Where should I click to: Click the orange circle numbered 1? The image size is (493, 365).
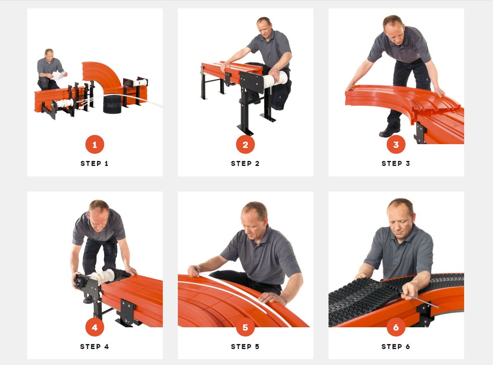(95, 145)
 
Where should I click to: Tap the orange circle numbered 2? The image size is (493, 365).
(245, 145)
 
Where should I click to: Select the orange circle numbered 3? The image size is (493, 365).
(396, 145)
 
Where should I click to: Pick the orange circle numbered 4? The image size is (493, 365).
(95, 328)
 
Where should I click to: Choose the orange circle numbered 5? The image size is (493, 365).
(245, 328)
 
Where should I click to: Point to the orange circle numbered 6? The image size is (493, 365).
(396, 328)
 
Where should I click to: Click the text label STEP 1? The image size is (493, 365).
(94, 163)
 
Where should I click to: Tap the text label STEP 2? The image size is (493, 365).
(245, 163)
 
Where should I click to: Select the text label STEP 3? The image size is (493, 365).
(396, 163)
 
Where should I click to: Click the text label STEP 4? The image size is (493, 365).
(94, 347)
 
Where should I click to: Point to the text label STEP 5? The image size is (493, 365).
(245, 347)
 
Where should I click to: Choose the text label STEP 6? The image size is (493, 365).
(396, 347)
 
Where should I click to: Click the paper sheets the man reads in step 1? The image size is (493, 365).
(59, 75)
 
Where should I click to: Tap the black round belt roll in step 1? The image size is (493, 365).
(112, 104)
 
